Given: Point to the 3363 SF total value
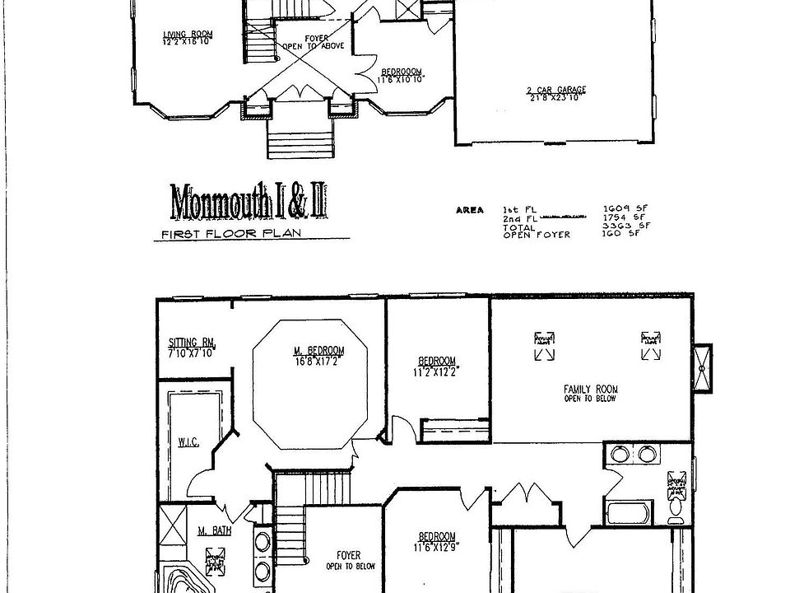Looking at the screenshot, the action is [616, 226].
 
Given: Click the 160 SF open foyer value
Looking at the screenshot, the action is [616, 235].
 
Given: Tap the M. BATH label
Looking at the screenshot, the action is [214, 531].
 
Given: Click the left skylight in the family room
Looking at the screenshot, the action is [544, 346].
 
